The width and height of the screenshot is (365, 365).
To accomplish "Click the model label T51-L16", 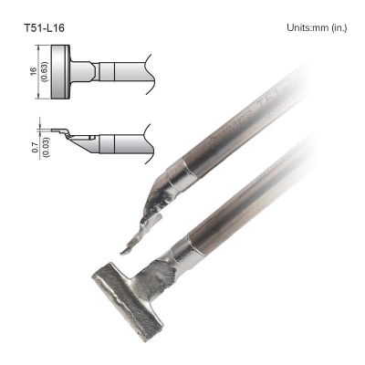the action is click(x=45, y=28).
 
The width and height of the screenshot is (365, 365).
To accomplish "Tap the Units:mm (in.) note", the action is click(x=317, y=27).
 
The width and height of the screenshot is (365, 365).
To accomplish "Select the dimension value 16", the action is click(x=34, y=71).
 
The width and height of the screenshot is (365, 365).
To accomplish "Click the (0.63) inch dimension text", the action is click(x=45, y=72).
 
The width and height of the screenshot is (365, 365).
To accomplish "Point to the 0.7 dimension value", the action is click(x=34, y=147).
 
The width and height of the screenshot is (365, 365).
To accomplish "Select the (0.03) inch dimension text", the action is click(x=47, y=148).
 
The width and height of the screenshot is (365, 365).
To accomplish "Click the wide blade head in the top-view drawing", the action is click(x=60, y=72).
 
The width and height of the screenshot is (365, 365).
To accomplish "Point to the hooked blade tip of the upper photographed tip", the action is click(x=129, y=247).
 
